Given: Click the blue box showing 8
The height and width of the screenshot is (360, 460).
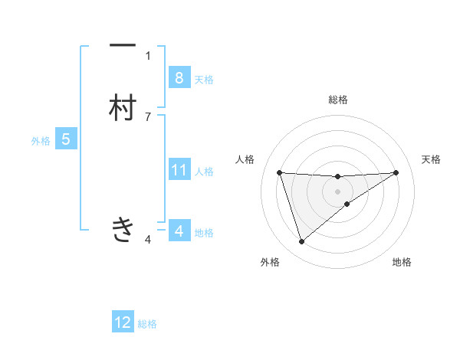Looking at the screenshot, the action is coord(179,77).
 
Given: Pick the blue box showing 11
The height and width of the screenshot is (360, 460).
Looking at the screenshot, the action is coord(179,170).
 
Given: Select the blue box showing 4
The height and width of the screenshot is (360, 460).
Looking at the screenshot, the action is coord(179,231).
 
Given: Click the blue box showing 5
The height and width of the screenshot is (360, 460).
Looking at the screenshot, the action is coord(66,139).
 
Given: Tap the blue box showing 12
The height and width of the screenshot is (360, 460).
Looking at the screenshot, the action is coord(123,322).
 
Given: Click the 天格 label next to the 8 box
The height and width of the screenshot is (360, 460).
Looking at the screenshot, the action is coord(204,79).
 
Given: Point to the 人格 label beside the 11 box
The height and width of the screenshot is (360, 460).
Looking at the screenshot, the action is coord(205,172).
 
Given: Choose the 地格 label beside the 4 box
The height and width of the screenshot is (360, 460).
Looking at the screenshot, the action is coord(204,232).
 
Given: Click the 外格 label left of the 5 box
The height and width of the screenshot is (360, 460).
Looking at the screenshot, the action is coord(41,141).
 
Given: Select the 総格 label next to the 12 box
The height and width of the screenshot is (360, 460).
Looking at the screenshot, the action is coord(147,324).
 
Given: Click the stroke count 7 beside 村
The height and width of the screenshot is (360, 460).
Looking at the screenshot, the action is coord(148,116).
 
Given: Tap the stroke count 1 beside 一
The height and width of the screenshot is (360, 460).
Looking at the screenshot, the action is coord(148,55).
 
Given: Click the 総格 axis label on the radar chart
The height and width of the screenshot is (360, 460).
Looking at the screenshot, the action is coord(338,100).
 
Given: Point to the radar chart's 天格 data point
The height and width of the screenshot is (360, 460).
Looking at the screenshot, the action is coord(396,172).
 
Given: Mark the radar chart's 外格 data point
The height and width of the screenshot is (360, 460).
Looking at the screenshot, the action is coord(301,242).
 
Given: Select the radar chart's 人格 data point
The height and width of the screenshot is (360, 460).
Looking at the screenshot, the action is coord(279,172).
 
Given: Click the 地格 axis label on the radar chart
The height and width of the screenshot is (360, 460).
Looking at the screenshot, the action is coord(402,262).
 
